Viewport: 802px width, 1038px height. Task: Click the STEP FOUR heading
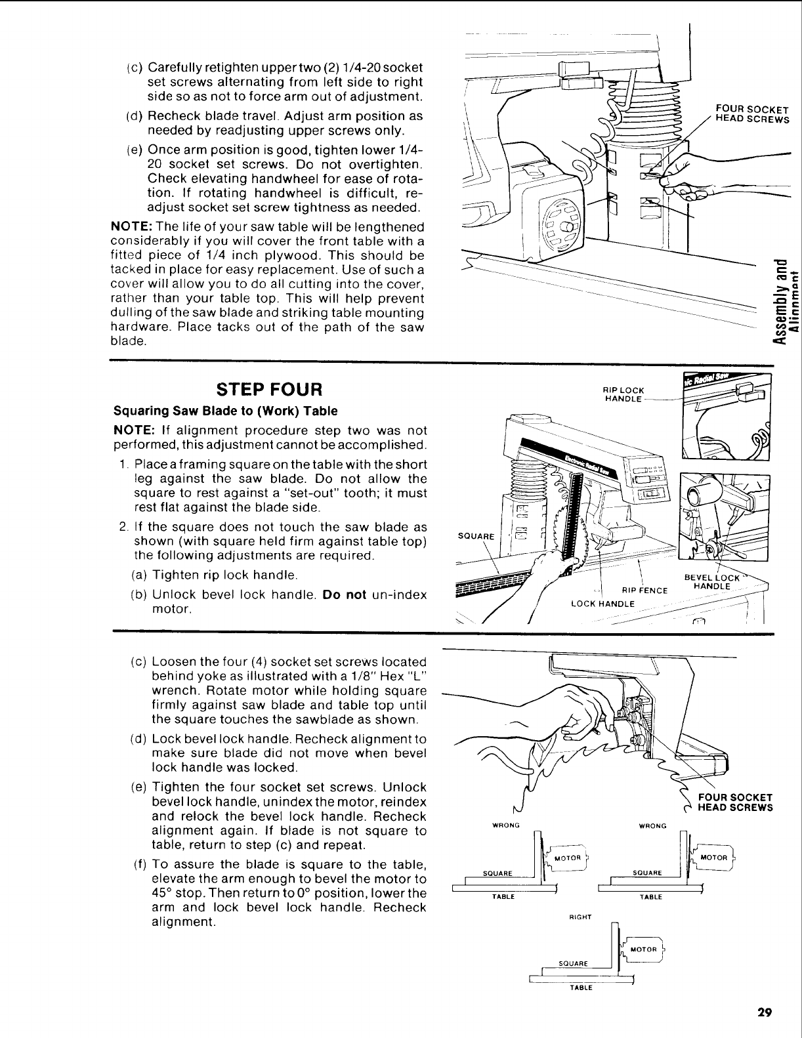270,390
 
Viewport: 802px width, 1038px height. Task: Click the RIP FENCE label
648,590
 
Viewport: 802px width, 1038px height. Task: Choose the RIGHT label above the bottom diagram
578,917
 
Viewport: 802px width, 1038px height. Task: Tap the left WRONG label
502,826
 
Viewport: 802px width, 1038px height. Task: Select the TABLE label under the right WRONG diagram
651,897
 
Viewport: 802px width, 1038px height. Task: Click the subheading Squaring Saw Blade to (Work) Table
226,411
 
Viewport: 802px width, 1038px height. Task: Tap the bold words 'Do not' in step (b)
344,595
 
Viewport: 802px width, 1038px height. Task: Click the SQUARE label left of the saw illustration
469,535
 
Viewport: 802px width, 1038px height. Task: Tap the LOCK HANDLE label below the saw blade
602,604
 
